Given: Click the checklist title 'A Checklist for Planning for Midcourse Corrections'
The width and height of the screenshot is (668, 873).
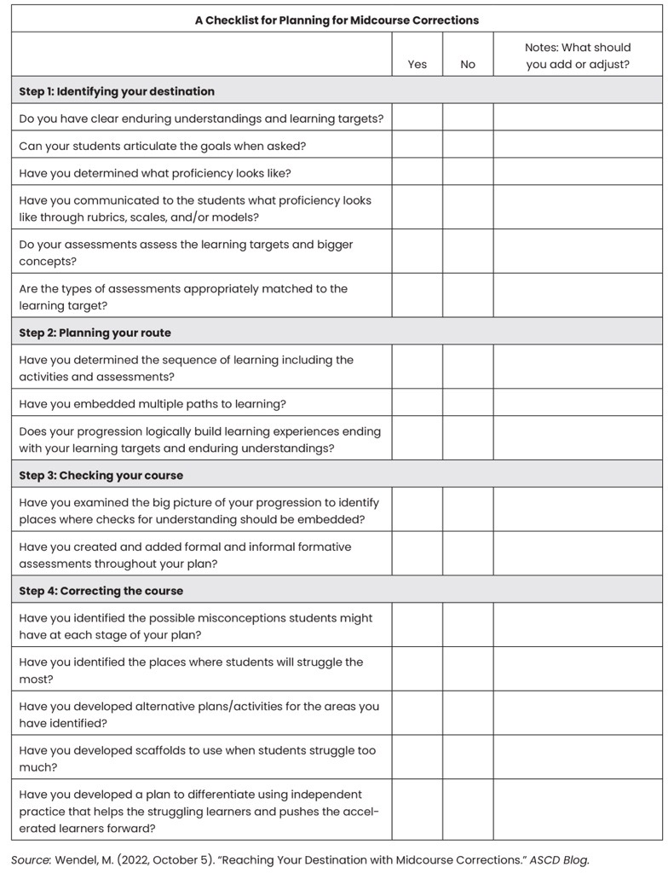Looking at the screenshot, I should point(337,20).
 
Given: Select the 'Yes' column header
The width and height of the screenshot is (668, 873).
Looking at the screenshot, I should point(417,64).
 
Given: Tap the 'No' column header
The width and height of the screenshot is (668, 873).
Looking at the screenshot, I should point(468,64).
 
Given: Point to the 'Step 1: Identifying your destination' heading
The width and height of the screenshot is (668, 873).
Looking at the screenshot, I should point(117,91).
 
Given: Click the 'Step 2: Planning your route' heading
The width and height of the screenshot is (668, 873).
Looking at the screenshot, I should point(95,332).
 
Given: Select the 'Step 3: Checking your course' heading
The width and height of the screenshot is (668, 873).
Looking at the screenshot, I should point(101,475).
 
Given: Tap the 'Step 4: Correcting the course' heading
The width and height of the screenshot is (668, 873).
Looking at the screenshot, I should point(101,591).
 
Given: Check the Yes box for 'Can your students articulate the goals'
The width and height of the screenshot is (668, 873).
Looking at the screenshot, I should point(417,145).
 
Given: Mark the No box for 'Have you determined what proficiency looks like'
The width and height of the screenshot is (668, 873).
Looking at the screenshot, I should point(468,172).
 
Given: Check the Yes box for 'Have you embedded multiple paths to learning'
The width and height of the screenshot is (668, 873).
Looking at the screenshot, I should point(417,403).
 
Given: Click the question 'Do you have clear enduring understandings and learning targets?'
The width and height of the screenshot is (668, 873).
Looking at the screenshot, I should point(201,119).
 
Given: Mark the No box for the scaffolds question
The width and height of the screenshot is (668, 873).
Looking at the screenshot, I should point(468,758).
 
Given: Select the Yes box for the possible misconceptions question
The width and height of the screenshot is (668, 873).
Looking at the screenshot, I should point(417,626).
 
